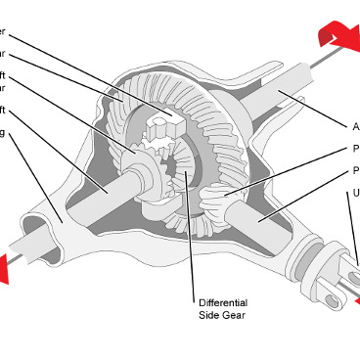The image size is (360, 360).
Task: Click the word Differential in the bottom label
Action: pos(223,302)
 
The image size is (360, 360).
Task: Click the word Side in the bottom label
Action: pos(209,315)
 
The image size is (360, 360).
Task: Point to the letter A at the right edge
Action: pos(355,126)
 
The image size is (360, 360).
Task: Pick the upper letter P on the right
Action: pos(355,150)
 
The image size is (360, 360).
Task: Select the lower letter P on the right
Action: pos(355,171)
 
